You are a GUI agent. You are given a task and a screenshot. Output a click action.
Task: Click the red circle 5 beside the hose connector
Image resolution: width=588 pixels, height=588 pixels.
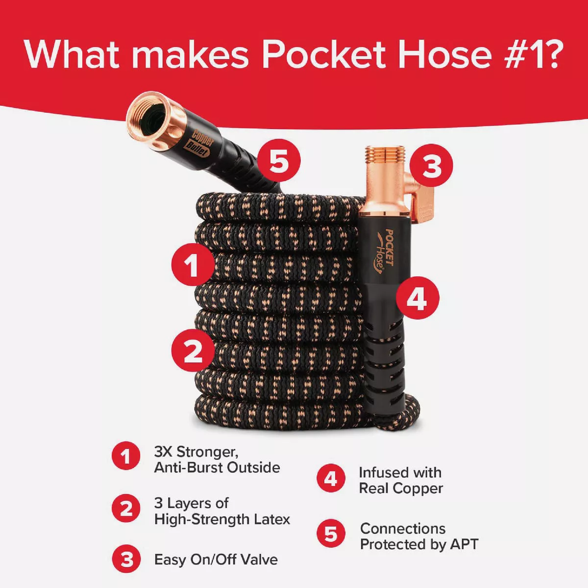click(279, 161)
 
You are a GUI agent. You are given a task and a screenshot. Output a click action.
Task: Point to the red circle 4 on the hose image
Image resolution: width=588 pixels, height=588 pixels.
click(417, 298)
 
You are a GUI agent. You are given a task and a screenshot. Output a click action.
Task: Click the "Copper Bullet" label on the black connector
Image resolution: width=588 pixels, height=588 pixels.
click(199, 143)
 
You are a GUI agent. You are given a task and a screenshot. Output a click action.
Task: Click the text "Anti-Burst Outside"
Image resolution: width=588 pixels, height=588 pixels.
click(217, 467)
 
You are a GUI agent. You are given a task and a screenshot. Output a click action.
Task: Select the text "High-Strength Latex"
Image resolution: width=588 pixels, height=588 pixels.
click(222, 519)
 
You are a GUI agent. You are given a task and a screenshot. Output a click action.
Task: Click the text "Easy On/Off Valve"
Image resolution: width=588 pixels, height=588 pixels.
click(216, 560)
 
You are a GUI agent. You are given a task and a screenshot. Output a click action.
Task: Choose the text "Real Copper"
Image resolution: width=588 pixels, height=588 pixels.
click(401, 489)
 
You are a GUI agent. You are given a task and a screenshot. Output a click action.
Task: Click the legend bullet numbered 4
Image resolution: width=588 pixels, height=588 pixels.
click(331, 479)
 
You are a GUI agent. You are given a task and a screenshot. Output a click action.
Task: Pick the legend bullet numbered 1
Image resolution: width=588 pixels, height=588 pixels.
click(126, 457)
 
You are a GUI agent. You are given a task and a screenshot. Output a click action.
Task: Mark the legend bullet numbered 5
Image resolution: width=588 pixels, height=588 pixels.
click(331, 535)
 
